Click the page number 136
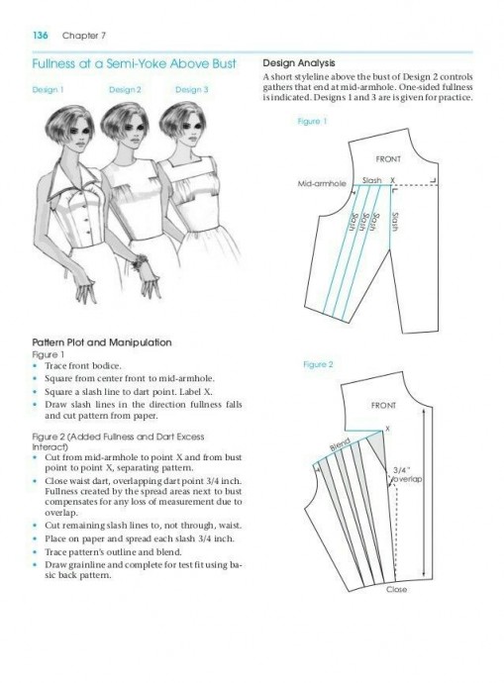tap(40, 36)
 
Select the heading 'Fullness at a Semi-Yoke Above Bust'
tap(134, 64)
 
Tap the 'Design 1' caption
tap(48, 90)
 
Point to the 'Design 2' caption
tap(125, 90)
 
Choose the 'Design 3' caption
tap(192, 90)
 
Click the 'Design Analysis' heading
tap(299, 63)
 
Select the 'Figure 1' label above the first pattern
tap(312, 121)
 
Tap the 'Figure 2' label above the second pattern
tap(318, 364)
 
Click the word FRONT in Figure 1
tap(388, 159)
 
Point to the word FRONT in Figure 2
tap(383, 405)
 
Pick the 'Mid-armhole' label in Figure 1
tap(322, 183)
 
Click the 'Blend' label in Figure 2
tap(340, 444)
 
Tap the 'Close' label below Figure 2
tap(396, 589)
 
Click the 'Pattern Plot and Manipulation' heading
tap(102, 342)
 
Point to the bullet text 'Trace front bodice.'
tap(83, 366)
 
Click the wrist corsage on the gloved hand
tap(141, 261)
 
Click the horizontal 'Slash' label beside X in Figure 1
tap(371, 180)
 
